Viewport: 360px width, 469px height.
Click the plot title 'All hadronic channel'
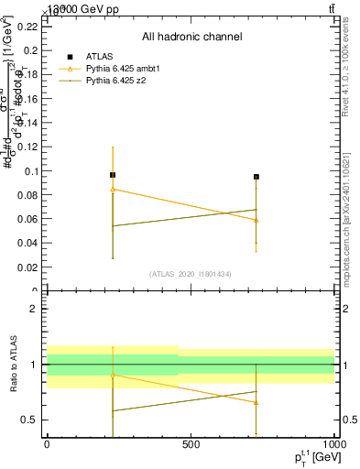(x=191, y=37)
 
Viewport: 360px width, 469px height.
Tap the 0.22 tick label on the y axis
(x=27, y=27)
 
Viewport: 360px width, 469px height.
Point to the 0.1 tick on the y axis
(x=31, y=171)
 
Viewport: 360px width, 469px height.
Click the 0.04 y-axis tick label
(x=27, y=244)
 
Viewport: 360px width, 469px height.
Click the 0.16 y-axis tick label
(x=27, y=99)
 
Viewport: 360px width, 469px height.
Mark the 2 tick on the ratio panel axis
(x=34, y=309)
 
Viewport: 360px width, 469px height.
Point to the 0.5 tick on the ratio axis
(x=29, y=420)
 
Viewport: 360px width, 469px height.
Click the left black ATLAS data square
(x=113, y=174)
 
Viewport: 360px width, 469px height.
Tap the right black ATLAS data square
(x=256, y=177)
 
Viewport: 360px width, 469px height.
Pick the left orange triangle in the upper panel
(x=113, y=190)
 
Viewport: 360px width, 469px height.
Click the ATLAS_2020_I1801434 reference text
(x=191, y=274)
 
